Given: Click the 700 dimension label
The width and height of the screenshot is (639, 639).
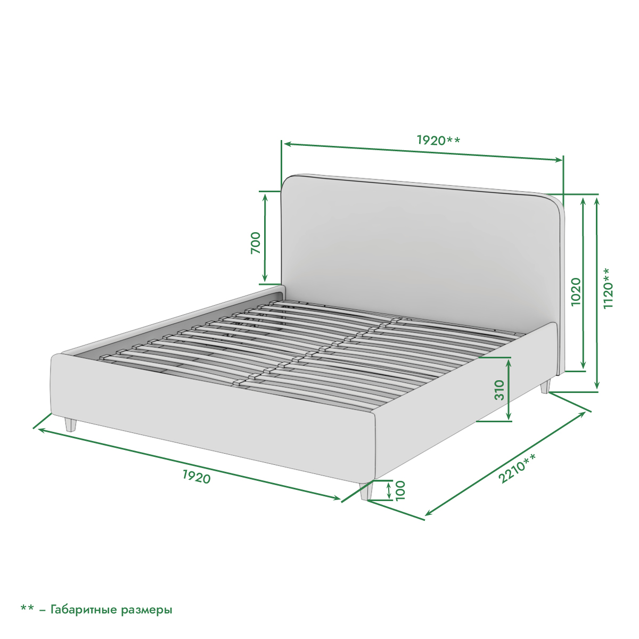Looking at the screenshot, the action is (x=256, y=243).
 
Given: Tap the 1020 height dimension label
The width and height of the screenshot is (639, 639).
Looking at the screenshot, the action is (x=576, y=292).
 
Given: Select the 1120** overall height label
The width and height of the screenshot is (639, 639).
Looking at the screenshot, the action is (x=608, y=288).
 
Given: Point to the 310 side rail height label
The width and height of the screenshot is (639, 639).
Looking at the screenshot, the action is (x=499, y=390).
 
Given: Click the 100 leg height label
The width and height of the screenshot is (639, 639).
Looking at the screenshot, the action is (x=400, y=490).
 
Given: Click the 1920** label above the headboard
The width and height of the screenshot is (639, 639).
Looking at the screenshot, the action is (x=438, y=140).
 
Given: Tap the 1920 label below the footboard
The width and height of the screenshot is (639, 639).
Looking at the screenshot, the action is (x=196, y=477).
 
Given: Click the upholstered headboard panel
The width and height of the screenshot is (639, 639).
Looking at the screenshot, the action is (x=419, y=252).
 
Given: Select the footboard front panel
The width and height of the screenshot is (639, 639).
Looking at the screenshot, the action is (x=212, y=418).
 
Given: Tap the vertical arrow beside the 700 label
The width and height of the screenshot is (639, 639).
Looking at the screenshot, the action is (x=265, y=237).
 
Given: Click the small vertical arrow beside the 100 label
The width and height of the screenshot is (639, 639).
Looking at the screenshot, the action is (x=389, y=491).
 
